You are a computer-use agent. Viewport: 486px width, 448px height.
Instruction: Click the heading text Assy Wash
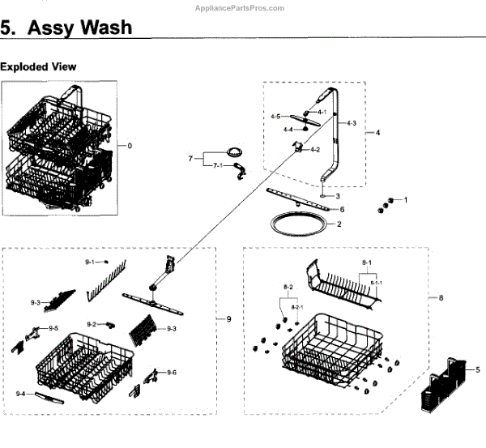(80, 27)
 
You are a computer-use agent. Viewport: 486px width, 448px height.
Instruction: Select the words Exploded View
(38, 66)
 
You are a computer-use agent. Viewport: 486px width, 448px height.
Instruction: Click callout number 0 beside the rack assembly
(130, 146)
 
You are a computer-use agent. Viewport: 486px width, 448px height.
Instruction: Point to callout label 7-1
(218, 165)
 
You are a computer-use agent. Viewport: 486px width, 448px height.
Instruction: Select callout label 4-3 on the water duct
(351, 122)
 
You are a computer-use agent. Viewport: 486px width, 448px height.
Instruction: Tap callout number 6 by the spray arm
(342, 208)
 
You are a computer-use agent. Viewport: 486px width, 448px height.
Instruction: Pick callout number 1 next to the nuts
(405, 199)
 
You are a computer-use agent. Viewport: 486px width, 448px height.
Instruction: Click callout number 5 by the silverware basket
(478, 369)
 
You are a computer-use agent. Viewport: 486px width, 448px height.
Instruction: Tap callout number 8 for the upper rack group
(441, 298)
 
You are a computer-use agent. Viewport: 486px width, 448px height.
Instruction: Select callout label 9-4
(21, 393)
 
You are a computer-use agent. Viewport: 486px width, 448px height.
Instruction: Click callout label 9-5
(53, 328)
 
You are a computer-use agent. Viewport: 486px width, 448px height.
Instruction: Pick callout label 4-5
(275, 117)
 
